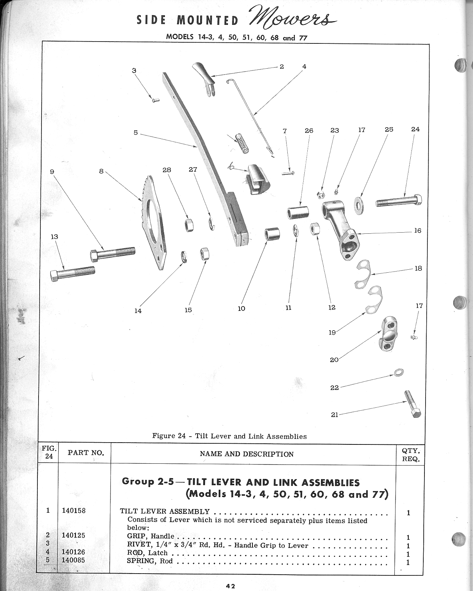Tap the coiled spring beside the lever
pos(242,143)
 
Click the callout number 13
pos(54,237)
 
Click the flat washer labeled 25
pos(359,203)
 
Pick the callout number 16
pos(417,231)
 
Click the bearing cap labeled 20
pos(387,334)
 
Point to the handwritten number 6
pos(231,168)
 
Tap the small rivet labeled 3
pos(156,100)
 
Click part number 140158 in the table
pos(74,510)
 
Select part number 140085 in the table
pos(73,560)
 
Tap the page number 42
pos(230,586)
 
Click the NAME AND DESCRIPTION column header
pos(247,454)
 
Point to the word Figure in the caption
pos(163,436)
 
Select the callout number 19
pos(332,332)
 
